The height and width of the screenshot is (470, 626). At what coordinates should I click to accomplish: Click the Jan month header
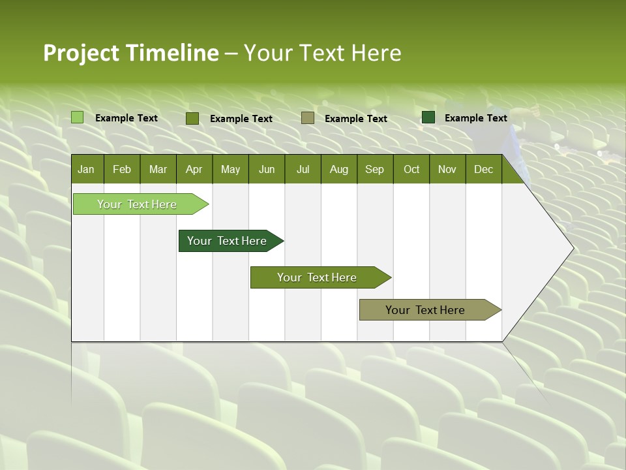86,169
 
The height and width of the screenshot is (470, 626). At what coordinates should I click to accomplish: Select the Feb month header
122,169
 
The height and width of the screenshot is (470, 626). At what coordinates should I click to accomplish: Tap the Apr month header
194,169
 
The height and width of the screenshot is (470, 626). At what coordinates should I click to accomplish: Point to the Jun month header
267,169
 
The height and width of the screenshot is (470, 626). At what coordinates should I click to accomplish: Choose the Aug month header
338,169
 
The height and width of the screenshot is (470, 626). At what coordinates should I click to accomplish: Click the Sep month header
374,169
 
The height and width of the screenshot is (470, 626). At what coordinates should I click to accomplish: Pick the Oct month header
411,169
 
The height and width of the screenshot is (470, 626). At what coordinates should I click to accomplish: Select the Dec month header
483,169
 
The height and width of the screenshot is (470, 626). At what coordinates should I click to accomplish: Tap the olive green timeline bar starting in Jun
318,277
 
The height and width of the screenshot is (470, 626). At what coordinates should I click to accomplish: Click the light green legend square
78,117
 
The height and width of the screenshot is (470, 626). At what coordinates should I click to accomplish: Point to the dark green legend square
428,117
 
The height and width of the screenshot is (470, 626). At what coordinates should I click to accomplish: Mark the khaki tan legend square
308,118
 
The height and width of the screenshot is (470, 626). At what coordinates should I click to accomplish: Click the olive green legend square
192,118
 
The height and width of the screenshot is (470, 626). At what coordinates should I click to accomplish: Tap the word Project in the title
82,53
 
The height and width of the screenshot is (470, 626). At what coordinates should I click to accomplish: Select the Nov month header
447,169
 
